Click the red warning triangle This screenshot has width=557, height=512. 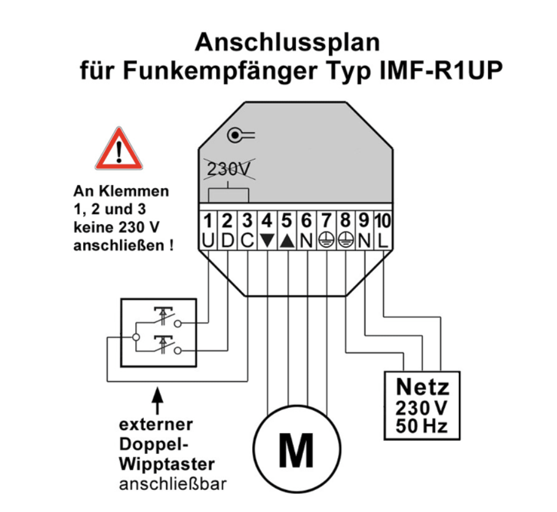click(119, 150)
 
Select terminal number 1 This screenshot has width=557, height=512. click(208, 220)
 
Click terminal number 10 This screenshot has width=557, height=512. click(383, 220)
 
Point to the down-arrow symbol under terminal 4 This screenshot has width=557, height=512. click(267, 241)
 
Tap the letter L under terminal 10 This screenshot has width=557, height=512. click(384, 241)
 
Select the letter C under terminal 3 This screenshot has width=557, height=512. click(247, 241)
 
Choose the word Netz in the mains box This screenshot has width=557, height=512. click(422, 387)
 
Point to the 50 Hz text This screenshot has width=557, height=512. click(422, 425)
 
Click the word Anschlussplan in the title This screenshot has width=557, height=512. click(287, 43)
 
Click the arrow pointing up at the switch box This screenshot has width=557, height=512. click(158, 398)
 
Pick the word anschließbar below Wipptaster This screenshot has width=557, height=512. click(171, 486)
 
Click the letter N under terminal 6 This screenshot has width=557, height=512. click(306, 241)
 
